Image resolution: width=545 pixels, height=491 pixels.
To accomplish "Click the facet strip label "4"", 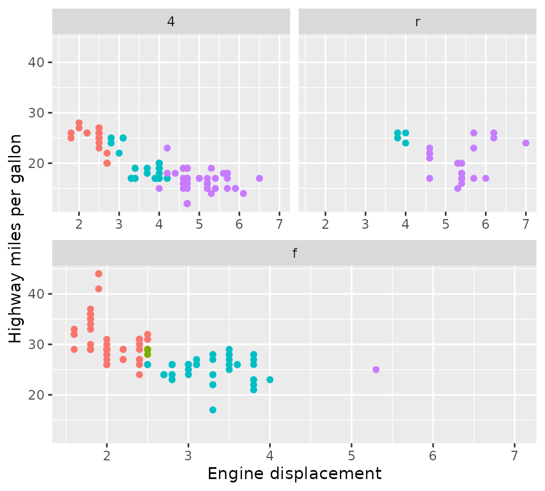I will (x=171, y=22).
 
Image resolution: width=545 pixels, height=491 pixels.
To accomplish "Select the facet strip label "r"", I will (x=417, y=22).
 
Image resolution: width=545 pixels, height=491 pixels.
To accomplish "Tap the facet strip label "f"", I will (x=294, y=254).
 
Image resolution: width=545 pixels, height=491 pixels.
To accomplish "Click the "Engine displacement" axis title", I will (x=294, y=473).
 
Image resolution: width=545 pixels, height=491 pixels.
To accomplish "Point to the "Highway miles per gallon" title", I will (x=16, y=238).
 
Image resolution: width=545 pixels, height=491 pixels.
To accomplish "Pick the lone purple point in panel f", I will (x=376, y=370).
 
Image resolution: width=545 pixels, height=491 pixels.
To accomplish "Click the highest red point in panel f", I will (x=99, y=274).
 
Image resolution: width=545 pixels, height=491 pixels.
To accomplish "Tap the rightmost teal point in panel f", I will (x=270, y=380).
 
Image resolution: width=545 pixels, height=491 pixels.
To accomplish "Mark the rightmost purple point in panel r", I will (x=526, y=143).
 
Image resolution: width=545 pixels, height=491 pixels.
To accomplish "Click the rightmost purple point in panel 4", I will (x=259, y=178).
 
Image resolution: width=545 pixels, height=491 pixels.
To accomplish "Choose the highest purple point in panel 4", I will (x=167, y=148).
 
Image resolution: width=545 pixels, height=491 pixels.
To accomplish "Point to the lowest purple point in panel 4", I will (x=187, y=203).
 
